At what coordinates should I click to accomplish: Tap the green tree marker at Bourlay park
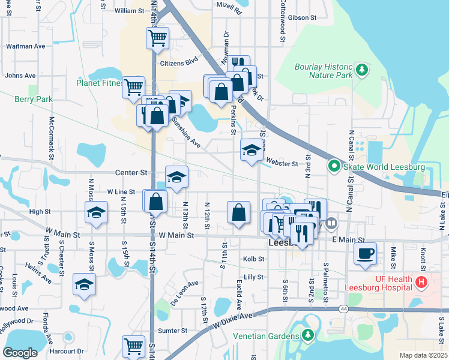361,71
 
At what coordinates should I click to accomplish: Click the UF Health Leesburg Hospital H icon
421,281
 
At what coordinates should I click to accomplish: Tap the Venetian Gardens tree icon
308,334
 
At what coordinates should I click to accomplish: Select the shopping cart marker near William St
157,38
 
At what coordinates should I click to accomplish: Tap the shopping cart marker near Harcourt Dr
133,346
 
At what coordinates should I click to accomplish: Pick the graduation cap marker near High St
96,213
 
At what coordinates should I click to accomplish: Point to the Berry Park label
34,99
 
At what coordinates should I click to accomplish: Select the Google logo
19,352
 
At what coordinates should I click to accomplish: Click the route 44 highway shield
343,308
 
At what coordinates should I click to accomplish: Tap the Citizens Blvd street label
179,62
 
